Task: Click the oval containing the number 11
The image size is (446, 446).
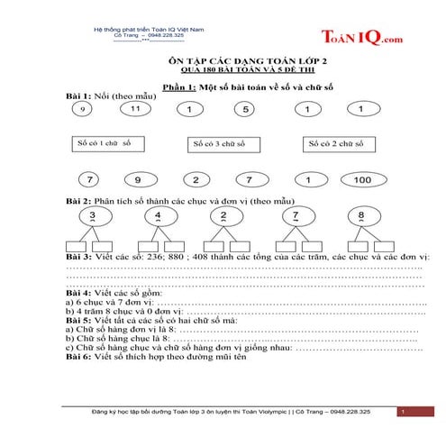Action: (136, 109)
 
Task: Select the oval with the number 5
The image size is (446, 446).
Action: (245, 110)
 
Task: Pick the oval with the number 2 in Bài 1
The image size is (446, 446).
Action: (196, 179)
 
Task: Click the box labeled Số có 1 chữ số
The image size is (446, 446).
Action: (105, 143)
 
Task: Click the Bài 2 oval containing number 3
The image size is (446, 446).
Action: (93, 216)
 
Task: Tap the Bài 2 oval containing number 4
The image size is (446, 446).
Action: (158, 216)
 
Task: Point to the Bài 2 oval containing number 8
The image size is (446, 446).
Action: (361, 216)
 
